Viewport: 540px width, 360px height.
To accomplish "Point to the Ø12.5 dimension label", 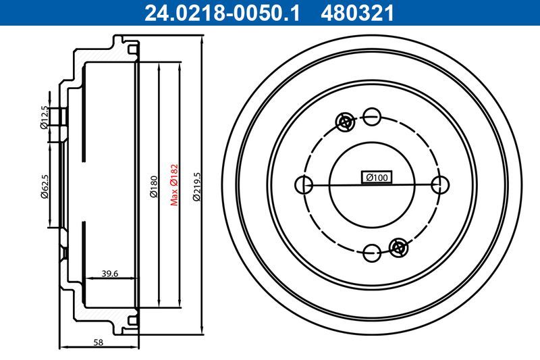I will (x=45, y=116).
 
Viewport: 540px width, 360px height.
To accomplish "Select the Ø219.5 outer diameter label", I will (x=196, y=187).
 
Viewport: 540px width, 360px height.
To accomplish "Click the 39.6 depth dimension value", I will (x=110, y=273).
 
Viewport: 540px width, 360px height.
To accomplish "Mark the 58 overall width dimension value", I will (x=99, y=342).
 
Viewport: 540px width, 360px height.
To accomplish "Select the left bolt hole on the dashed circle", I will (x=304, y=184).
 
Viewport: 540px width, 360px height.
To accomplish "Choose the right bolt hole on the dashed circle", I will (x=440, y=184).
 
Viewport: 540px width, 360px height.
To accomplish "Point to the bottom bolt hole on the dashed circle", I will (x=371, y=253).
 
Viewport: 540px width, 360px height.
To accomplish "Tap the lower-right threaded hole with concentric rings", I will (x=399, y=247).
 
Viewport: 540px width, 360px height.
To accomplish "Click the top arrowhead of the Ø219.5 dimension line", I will (x=202, y=42).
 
